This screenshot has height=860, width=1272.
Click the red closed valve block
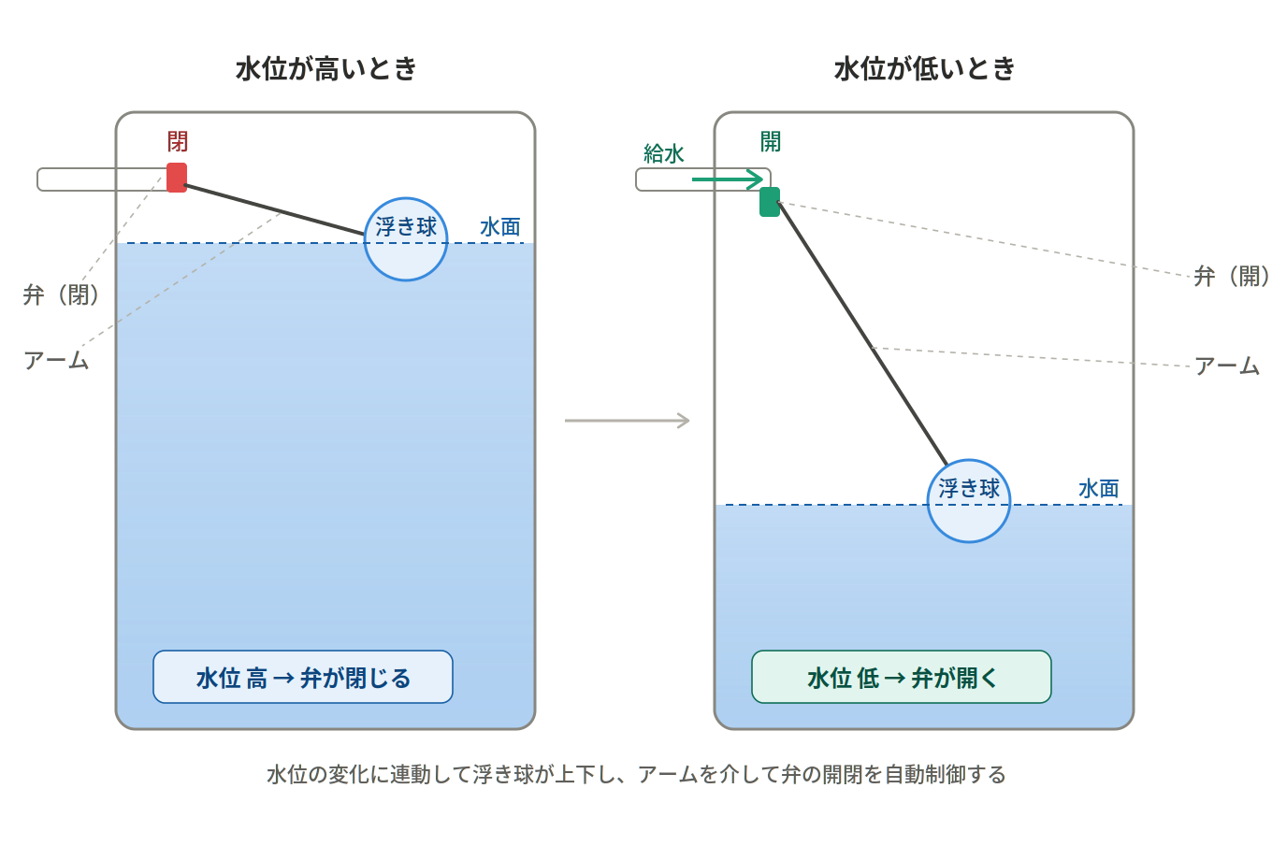point(176,178)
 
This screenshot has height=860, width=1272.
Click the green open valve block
point(770,202)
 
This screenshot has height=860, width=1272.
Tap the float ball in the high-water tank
point(406,239)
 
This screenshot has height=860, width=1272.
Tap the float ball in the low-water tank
point(969,500)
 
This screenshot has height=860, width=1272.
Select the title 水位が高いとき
point(325,69)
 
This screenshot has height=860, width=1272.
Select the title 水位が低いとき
point(924,69)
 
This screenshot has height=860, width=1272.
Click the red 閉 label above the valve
point(177,142)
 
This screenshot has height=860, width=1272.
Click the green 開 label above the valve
point(770,142)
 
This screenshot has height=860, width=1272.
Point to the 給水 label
point(664,154)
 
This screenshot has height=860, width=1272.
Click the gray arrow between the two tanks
point(627,421)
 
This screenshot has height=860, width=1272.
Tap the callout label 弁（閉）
point(62,295)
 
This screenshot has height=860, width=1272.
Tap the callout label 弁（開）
point(1232,277)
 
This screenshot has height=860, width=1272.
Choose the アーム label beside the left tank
point(56,361)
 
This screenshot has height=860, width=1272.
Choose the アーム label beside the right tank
point(1227,366)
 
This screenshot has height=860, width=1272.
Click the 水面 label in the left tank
point(499,227)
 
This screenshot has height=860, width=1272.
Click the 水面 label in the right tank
point(1098,489)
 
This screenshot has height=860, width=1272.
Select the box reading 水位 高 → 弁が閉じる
point(303,677)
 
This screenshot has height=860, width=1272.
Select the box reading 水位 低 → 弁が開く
point(902,677)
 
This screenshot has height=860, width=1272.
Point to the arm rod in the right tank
point(861,333)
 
